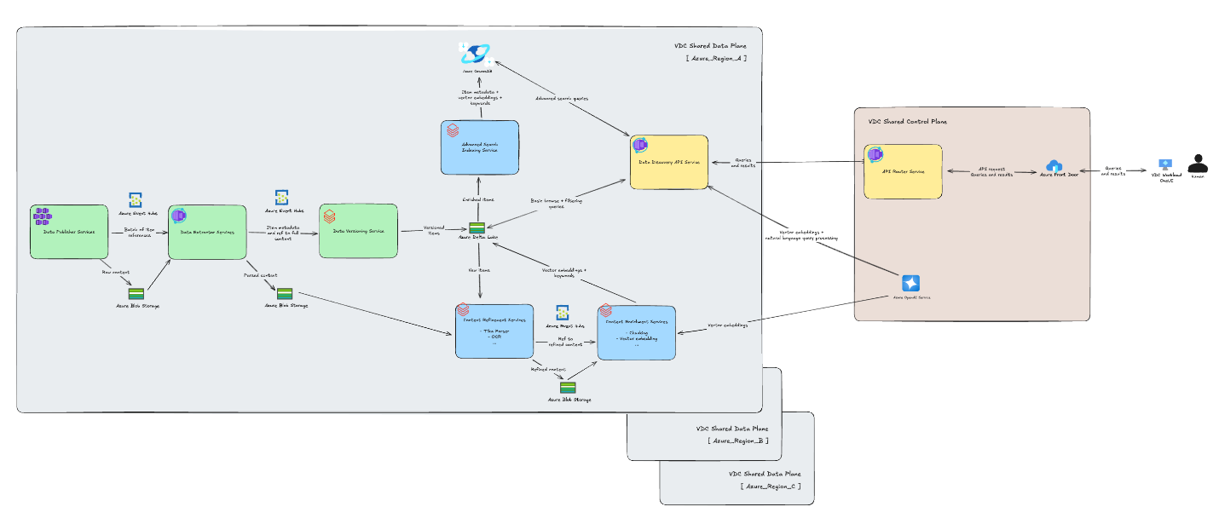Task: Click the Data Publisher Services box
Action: [x=68, y=231]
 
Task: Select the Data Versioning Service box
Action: [x=358, y=231]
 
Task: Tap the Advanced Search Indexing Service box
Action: [x=480, y=148]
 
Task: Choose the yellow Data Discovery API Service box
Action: [x=668, y=161]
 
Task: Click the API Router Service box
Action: [x=902, y=171]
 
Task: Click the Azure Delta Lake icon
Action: [x=477, y=227]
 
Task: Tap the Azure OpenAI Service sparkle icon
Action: [x=911, y=283]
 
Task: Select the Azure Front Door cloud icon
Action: [x=1054, y=165]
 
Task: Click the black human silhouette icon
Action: [x=1198, y=163]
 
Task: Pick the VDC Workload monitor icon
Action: [x=1165, y=164]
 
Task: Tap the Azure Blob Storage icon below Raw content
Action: [x=136, y=293]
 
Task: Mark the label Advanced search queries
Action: [x=563, y=98]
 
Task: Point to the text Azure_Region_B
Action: [x=738, y=441]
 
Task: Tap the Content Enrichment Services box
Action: [x=636, y=332]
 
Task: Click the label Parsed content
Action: [x=262, y=274]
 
